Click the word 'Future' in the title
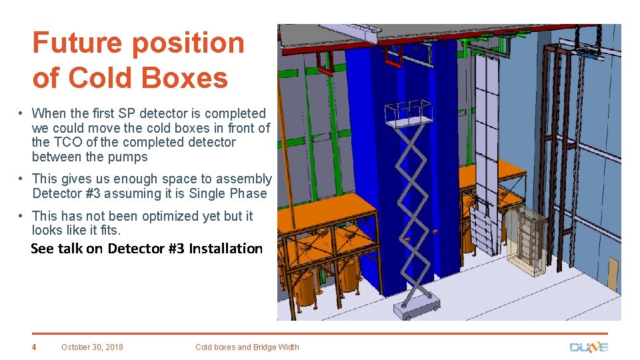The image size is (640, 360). click(x=79, y=43)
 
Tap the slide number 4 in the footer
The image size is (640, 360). click(x=35, y=347)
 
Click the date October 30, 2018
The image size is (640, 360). click(x=92, y=347)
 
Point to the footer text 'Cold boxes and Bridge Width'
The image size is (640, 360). click(x=247, y=347)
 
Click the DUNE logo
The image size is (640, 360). click(x=588, y=347)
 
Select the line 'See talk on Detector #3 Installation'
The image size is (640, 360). click(x=147, y=249)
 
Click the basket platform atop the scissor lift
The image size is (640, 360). click(x=409, y=114)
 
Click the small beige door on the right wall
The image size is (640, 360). click(x=612, y=273)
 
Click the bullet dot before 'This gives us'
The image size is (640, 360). click(x=22, y=179)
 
